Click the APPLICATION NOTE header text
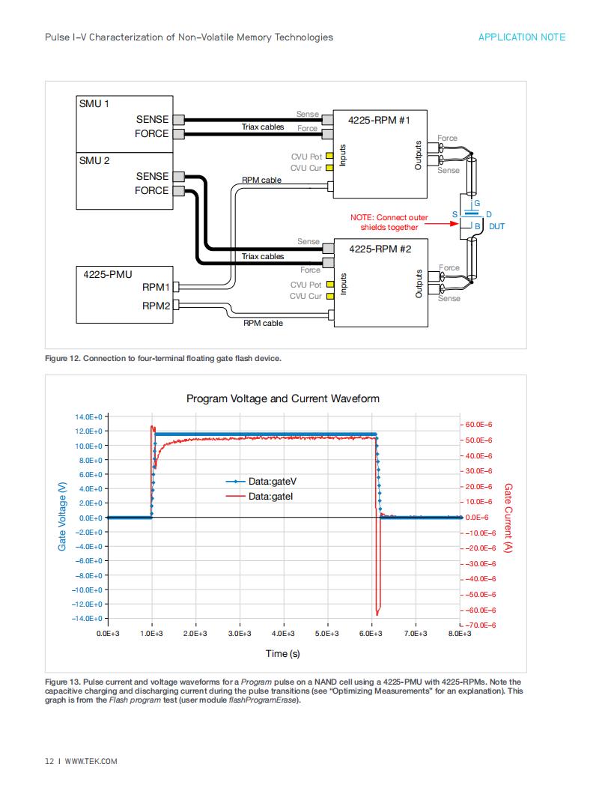pos(522,37)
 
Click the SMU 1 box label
pos(94,103)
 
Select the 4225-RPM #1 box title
pos(379,120)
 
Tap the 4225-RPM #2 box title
pos(380,249)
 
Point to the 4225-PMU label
pos(107,274)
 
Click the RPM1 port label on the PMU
pos(156,287)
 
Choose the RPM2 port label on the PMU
pos(156,306)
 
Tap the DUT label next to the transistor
pos(496,226)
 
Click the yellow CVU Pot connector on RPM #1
pos(329,156)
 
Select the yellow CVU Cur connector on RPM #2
pos(330,296)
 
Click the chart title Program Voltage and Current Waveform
pos(283,398)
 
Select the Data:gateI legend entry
pos(259,497)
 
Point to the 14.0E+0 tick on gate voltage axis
pos(88,416)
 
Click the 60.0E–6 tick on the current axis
pos(478,425)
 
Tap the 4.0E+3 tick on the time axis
pos(283,634)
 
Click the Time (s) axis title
pos(283,654)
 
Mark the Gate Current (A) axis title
pos(508,518)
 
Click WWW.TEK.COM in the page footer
pos(91,761)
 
